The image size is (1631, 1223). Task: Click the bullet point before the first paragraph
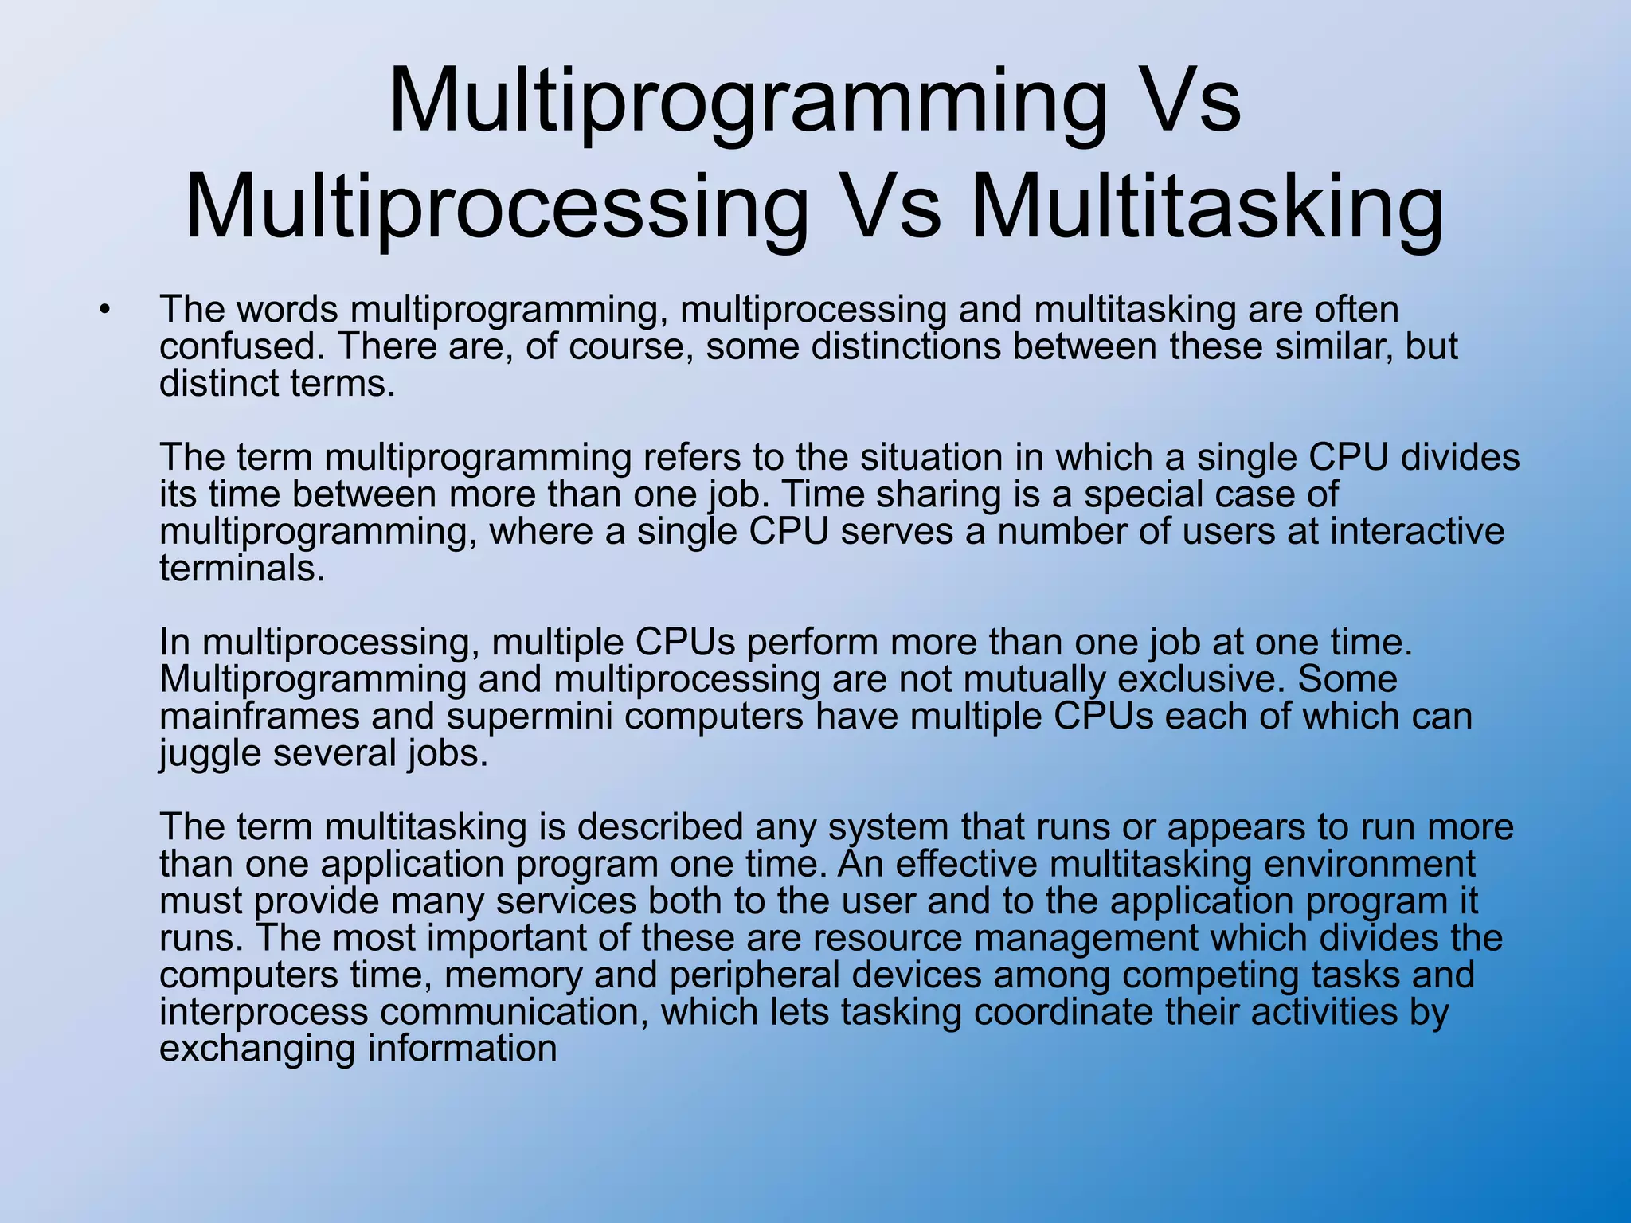104,309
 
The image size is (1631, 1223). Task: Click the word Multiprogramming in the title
746,102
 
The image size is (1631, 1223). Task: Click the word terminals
242,569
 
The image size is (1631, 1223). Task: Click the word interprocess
264,1012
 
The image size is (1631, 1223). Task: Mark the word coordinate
1063,1012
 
